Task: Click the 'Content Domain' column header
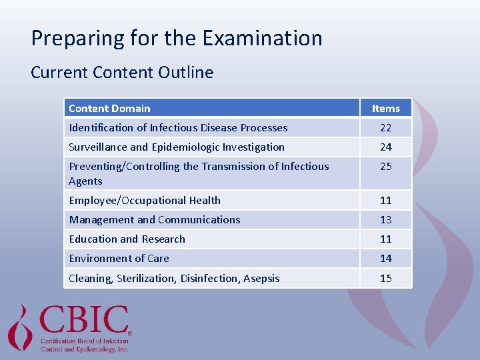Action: (109, 109)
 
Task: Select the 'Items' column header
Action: (386, 109)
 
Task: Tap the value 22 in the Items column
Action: (386, 128)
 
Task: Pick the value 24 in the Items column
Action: (386, 147)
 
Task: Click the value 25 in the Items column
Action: (386, 167)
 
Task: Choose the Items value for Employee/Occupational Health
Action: (386, 201)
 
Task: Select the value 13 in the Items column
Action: (386, 220)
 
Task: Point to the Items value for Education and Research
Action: (386, 239)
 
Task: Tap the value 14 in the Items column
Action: (386, 259)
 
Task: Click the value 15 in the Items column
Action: (386, 279)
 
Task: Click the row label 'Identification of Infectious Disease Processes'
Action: (178, 128)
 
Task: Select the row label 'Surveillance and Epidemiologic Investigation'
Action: (177, 147)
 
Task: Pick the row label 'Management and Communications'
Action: (155, 220)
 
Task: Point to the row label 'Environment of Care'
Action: (119, 259)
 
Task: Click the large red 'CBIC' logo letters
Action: (84, 321)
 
